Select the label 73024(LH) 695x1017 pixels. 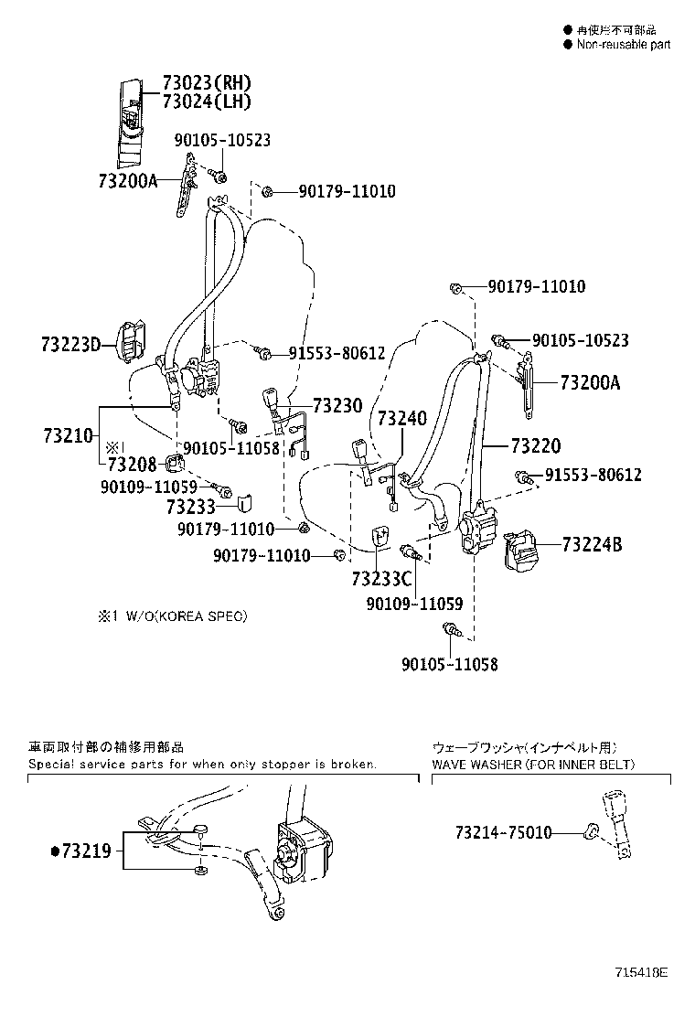click(206, 102)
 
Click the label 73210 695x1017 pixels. click(69, 436)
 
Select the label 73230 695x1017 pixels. click(337, 405)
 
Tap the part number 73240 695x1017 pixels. click(401, 418)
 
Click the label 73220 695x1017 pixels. click(536, 446)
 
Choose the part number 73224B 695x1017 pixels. click(592, 545)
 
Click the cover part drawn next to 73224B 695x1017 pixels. click(525, 548)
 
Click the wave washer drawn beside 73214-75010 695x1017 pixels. click(590, 832)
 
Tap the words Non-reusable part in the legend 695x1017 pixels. click(624, 45)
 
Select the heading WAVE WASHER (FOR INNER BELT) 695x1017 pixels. click(533, 764)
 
